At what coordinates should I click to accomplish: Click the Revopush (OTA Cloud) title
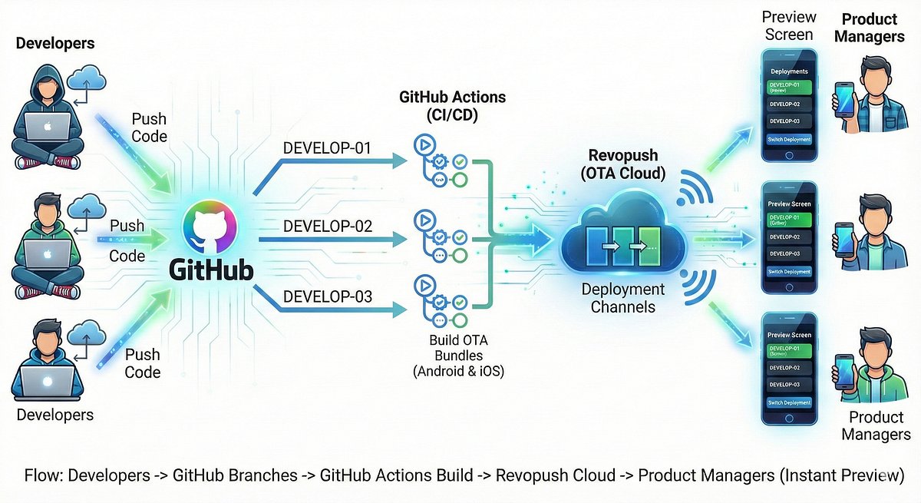pyautogui.click(x=621, y=164)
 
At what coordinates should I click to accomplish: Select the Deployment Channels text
pyautogui.click(x=622, y=298)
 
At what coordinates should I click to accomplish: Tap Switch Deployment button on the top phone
pyautogui.click(x=789, y=140)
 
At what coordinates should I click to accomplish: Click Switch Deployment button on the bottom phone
pyautogui.click(x=789, y=402)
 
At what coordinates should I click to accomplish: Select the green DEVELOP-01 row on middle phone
pyautogui.click(x=789, y=220)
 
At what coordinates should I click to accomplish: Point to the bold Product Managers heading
pyautogui.click(x=870, y=27)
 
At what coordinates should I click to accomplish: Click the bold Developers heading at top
pyautogui.click(x=55, y=43)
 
